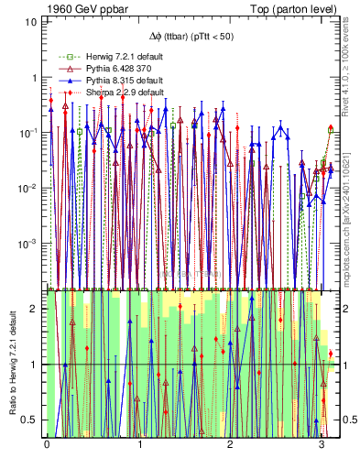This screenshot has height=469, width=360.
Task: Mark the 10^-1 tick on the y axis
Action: [x=30, y=133]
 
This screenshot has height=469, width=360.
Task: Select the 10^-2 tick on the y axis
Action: [x=30, y=188]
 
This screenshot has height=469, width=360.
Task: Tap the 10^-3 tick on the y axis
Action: [x=30, y=244]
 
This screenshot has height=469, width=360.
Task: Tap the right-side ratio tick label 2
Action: [x=346, y=309]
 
